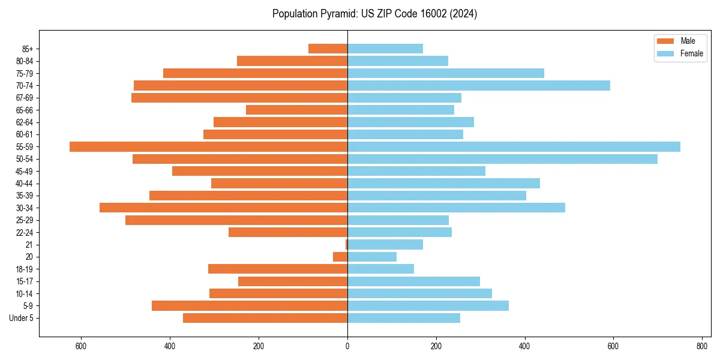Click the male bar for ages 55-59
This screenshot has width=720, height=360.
(x=208, y=146)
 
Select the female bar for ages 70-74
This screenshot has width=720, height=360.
(x=478, y=85)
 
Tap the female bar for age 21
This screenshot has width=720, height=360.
(x=385, y=244)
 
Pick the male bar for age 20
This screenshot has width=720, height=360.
(x=340, y=257)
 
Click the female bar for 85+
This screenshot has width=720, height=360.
(x=385, y=49)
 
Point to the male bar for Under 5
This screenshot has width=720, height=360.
(x=265, y=318)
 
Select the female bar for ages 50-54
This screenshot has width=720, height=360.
(x=502, y=159)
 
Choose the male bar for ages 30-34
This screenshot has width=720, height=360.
(x=223, y=208)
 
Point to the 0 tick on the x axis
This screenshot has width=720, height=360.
(x=347, y=347)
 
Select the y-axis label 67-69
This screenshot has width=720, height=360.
(x=25, y=98)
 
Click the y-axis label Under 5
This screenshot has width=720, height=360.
(x=22, y=318)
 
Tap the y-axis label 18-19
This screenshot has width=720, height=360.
(x=25, y=269)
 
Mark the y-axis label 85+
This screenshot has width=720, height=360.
(x=28, y=49)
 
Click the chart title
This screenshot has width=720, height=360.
(x=374, y=14)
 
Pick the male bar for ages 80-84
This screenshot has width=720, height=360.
(x=292, y=61)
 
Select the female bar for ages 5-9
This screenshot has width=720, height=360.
(x=428, y=305)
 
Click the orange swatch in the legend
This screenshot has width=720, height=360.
(x=665, y=41)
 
